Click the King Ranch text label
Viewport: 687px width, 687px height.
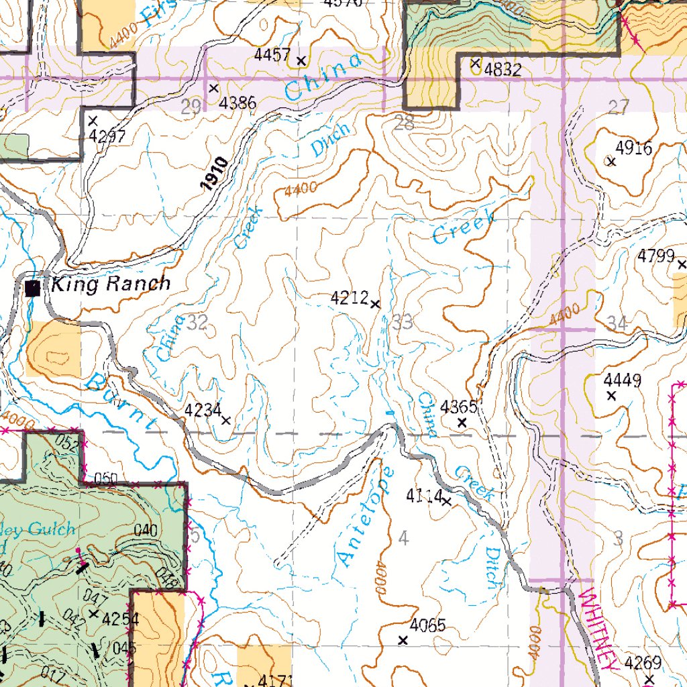(111, 284)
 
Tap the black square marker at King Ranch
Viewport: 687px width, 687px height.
(31, 288)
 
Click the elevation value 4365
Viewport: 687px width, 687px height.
(459, 407)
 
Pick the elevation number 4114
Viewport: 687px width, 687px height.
(424, 496)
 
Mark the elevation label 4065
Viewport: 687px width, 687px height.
(427, 626)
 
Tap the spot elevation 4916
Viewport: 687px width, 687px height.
(633, 148)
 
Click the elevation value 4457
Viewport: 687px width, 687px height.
(272, 56)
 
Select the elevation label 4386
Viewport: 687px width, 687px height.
(237, 103)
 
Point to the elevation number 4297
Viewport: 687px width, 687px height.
(107, 136)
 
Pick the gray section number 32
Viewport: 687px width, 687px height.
(197, 323)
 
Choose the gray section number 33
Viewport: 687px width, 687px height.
(403, 323)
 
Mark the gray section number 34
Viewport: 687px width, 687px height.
(617, 323)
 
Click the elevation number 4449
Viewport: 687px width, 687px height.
(621, 381)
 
